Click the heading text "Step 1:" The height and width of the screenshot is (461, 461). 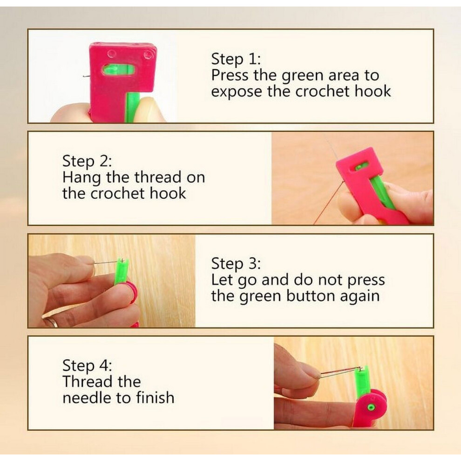pyautogui.click(x=236, y=60)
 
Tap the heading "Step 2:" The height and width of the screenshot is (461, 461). pyautogui.click(x=87, y=162)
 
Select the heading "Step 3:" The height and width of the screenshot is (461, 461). pyautogui.click(x=236, y=264)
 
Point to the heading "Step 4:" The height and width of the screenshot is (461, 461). pyautogui.click(x=87, y=366)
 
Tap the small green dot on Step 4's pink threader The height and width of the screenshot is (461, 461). pyautogui.click(x=371, y=407)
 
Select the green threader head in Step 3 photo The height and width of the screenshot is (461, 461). pyautogui.click(x=121, y=271)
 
